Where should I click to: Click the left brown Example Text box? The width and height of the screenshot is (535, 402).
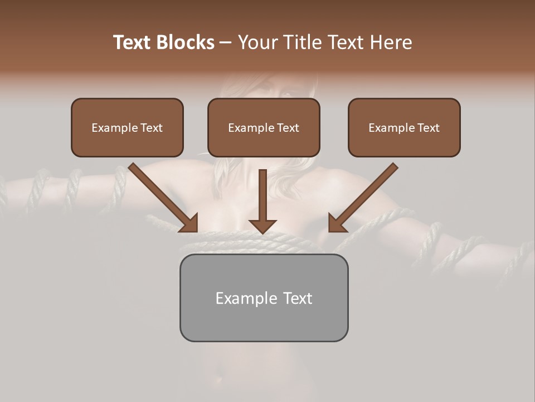127,128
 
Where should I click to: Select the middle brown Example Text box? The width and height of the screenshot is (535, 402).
264,128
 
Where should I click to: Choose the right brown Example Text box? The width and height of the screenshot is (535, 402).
404,128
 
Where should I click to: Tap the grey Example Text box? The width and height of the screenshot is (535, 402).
264,298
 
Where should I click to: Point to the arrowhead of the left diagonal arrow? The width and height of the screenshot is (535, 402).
189,223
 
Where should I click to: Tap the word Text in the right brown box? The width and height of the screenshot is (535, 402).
428,128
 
